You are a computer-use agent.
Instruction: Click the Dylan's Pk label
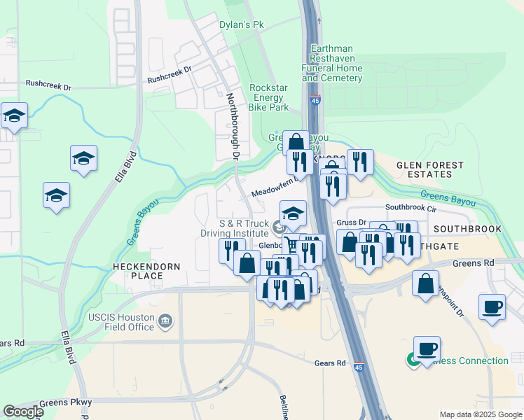point(241,24)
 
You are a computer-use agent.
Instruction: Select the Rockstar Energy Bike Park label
point(269,97)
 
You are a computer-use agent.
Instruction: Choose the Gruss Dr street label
point(351,223)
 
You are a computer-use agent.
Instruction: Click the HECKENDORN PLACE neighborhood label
point(147,272)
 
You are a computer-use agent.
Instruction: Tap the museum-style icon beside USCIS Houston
point(165,321)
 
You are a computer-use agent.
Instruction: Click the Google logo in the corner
point(23,412)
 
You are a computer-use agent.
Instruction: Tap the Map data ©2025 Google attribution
point(480,414)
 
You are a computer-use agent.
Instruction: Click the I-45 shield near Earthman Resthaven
point(315,100)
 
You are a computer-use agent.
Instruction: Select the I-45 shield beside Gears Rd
point(359,365)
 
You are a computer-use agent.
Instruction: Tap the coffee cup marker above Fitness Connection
point(427,348)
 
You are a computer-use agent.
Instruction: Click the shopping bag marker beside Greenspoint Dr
point(425,283)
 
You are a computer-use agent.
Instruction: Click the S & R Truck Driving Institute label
point(244,228)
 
